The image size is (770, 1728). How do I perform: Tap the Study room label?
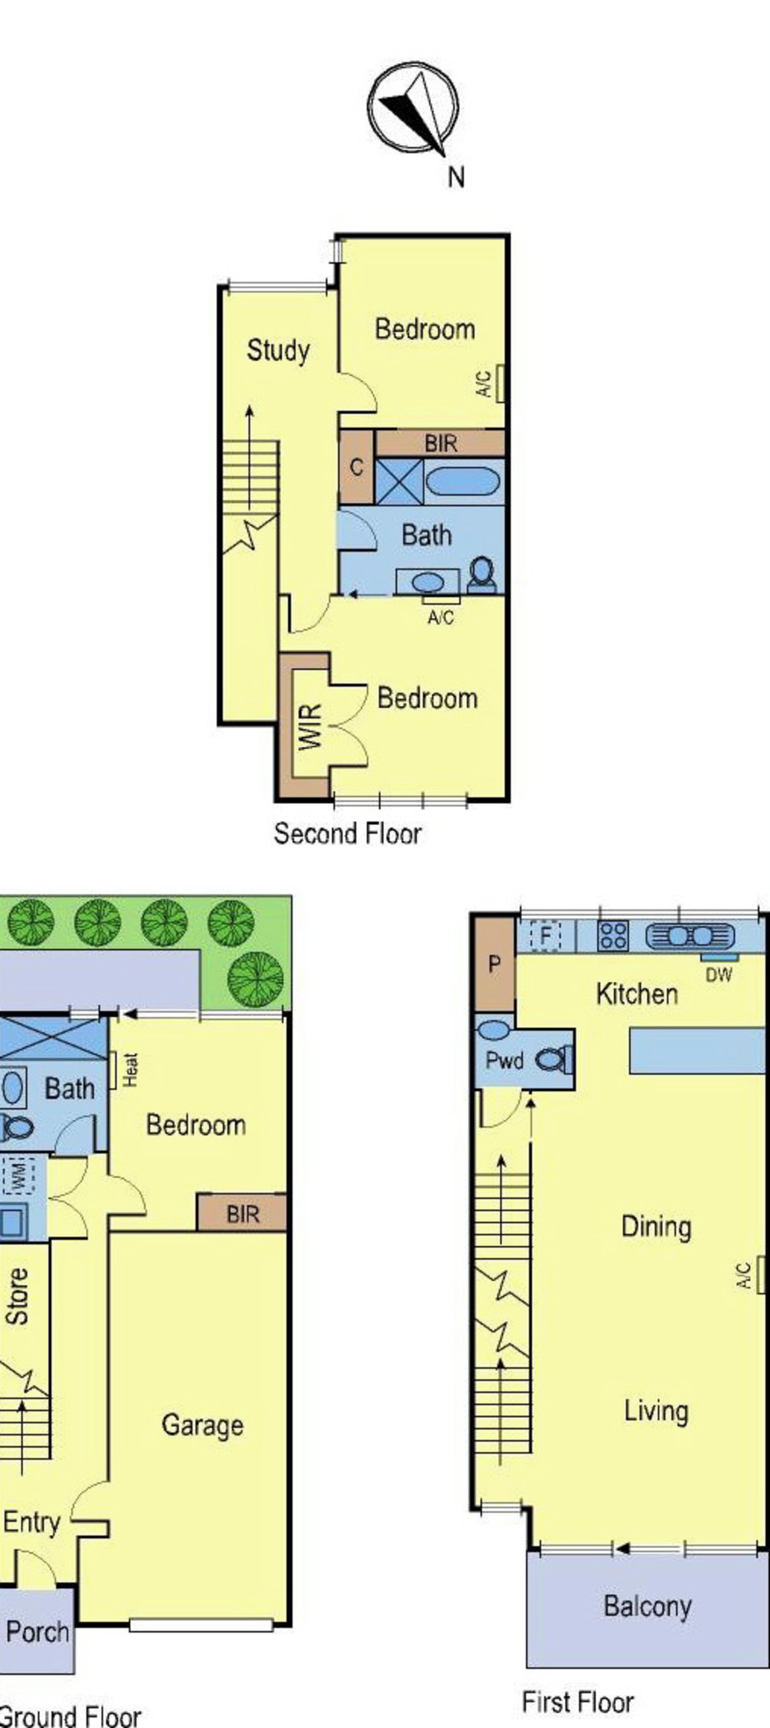pos(278,350)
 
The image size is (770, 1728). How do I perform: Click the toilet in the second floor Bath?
pos(482,576)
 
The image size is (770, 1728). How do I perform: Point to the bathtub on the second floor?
pos(463,481)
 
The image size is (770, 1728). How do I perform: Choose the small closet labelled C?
pos(356,467)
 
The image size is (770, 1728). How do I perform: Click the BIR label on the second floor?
pos(441,443)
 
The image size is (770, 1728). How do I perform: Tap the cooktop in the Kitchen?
pos(613,936)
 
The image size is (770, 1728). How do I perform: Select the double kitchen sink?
pos(690,936)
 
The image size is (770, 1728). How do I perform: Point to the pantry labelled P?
pos(494,965)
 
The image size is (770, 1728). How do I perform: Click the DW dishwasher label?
pos(719,975)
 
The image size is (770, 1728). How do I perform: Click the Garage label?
pos(202,1425)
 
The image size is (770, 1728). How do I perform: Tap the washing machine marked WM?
pos(19,1178)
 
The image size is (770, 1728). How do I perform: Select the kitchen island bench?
pos(697,1050)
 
